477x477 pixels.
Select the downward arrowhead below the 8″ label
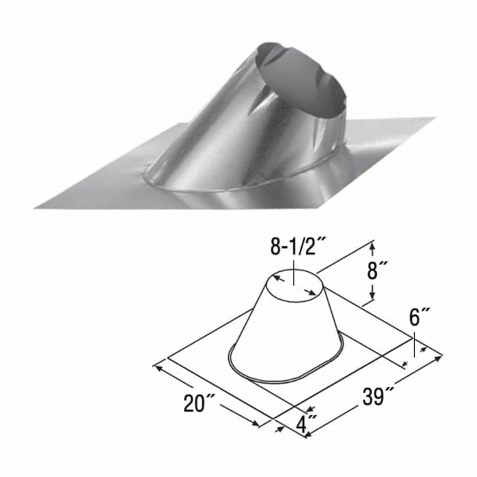point(372,295)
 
